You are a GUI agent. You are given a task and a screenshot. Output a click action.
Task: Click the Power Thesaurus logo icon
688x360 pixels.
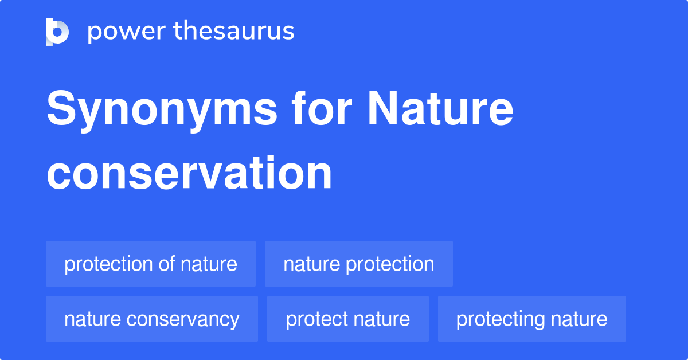57,32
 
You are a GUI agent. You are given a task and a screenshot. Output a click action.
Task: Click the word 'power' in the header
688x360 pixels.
127,32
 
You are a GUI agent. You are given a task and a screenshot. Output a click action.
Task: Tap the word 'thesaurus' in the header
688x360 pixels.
234,30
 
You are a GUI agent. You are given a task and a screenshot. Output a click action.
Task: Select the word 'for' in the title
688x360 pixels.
322,108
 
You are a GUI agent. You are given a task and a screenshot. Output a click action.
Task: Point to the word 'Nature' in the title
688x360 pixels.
440,108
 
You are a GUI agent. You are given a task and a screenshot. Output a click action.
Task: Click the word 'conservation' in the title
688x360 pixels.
189,173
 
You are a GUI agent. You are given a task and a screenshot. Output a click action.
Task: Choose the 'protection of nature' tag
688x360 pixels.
151,264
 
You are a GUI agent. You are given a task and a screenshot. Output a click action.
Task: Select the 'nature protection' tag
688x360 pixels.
359,264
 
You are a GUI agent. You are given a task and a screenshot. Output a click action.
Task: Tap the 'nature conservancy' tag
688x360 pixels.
152,319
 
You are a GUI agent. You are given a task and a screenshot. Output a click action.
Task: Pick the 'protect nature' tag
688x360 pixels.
347,319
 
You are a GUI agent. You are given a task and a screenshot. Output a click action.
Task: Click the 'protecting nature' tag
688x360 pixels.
531,319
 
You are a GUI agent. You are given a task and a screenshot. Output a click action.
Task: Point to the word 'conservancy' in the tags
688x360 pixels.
183,320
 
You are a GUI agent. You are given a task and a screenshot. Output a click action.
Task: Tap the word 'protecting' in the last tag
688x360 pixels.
501,320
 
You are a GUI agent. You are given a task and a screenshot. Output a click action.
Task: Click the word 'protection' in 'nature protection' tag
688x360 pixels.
390,265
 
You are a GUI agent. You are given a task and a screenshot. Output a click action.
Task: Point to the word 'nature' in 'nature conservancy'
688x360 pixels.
92,319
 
